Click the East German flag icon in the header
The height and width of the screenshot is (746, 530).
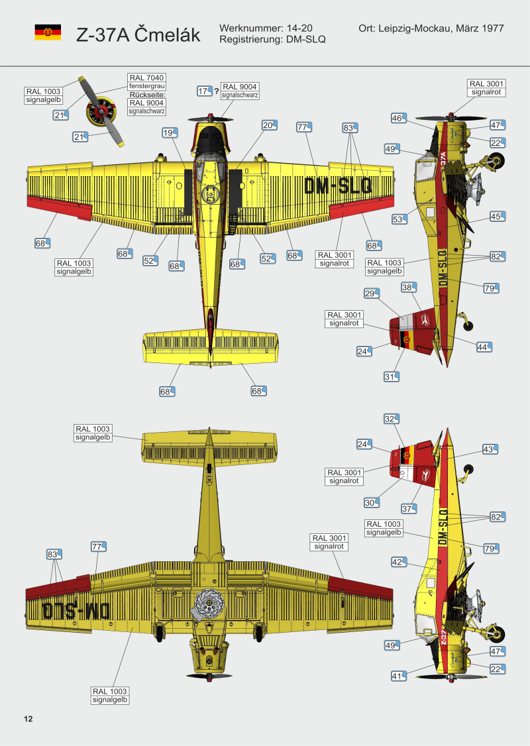[48, 32]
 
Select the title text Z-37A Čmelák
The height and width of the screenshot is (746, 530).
[138, 35]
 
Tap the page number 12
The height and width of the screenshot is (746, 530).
[28, 719]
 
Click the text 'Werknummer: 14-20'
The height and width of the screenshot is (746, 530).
[265, 29]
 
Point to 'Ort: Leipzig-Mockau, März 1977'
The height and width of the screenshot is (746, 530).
[431, 29]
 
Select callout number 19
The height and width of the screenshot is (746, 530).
[169, 133]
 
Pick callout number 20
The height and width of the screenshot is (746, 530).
[268, 125]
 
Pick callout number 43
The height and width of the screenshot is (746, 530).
[489, 449]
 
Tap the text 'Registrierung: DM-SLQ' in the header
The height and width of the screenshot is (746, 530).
[272, 40]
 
